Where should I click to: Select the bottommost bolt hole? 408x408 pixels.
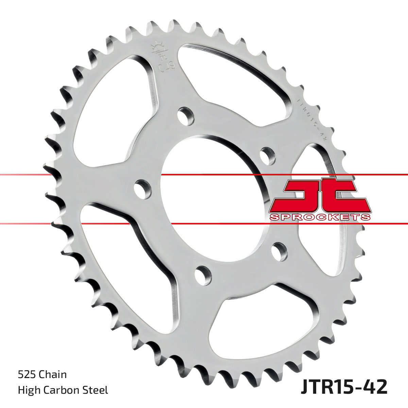(x=203, y=272)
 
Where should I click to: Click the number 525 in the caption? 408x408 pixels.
(x=27, y=375)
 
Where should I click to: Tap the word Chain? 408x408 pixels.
(x=53, y=375)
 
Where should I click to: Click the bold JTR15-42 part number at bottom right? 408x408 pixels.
(x=344, y=387)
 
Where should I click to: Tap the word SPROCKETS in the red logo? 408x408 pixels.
(x=320, y=217)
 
